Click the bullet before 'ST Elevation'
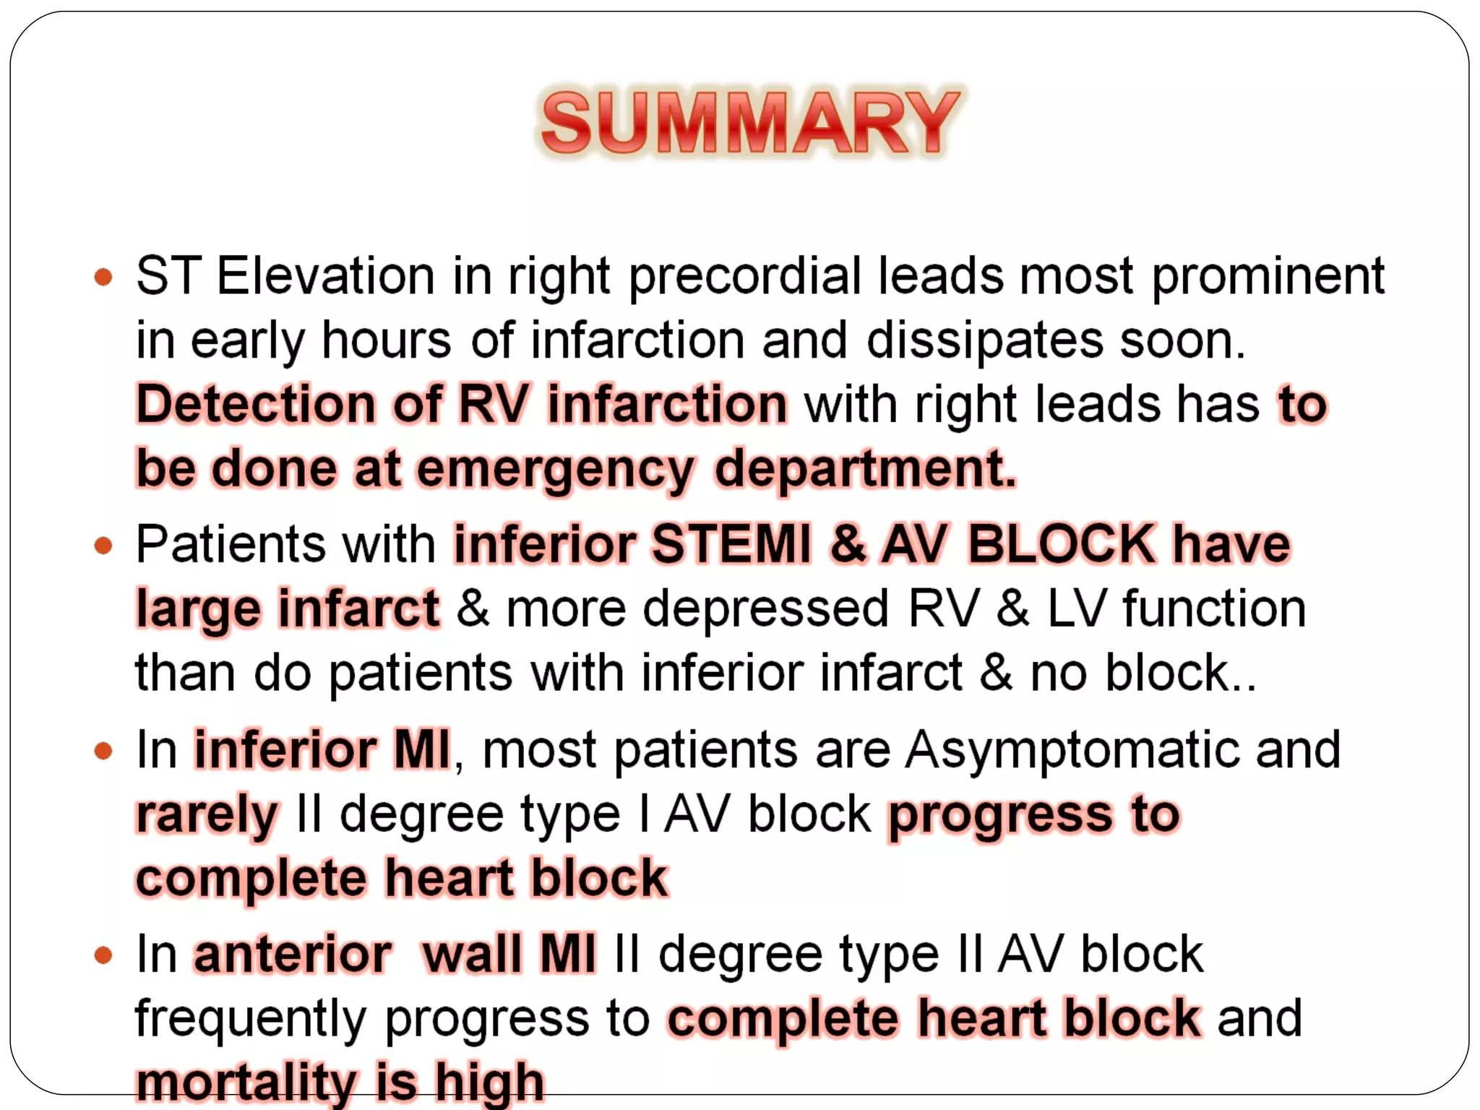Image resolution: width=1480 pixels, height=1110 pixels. (104, 277)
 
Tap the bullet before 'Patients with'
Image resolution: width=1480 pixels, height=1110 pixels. (104, 545)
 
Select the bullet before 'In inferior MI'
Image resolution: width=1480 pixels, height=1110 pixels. (104, 750)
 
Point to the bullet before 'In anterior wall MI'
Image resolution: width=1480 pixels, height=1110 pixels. (104, 955)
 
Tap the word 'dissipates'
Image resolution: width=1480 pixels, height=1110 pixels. (984, 341)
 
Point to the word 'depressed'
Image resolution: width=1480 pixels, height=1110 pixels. (766, 609)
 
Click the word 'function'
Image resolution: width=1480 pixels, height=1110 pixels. (1214, 609)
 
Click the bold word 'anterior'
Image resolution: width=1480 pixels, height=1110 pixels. (293, 955)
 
